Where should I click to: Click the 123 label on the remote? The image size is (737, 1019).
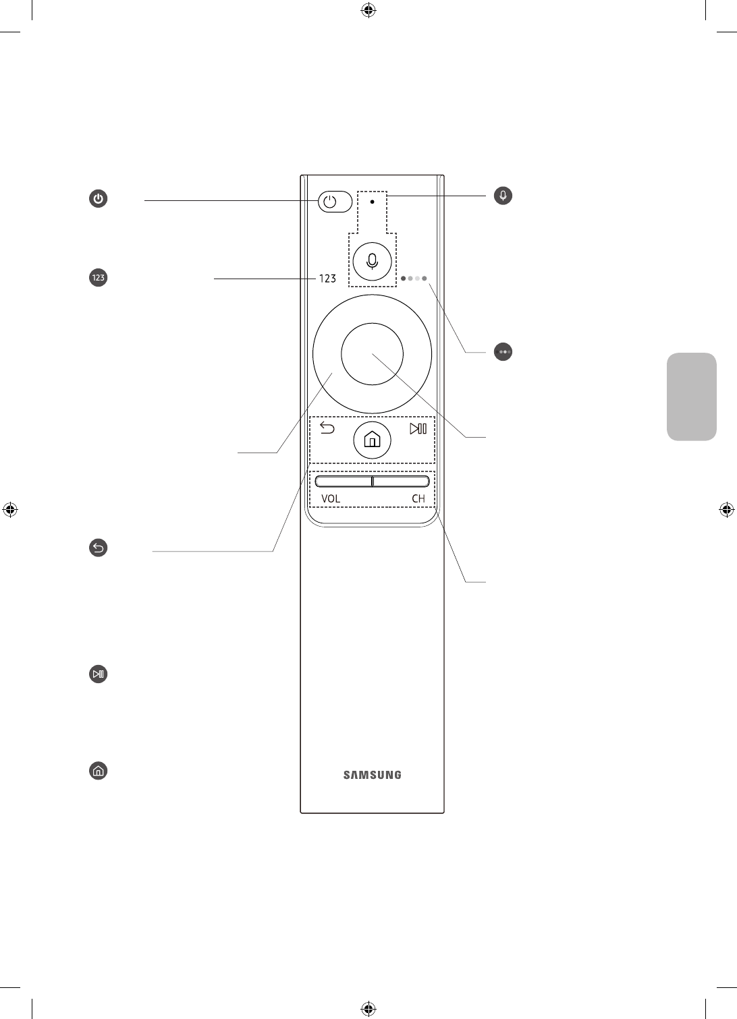point(327,278)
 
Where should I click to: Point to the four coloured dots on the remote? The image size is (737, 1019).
point(414,278)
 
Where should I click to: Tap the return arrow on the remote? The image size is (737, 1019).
point(327,428)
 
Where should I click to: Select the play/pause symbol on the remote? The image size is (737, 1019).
point(418,429)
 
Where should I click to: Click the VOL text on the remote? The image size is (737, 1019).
point(331,499)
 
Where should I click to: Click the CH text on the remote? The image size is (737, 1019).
point(418,499)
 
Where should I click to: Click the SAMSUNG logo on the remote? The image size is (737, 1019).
point(372,775)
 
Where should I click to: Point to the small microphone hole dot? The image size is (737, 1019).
point(372,201)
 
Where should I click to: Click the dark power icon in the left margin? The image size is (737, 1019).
point(99,199)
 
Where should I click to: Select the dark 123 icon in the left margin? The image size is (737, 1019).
point(99,277)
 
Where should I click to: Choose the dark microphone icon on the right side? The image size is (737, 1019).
point(503,196)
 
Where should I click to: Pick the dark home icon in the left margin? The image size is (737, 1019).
point(99,771)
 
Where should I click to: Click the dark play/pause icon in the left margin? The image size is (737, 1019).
point(99,674)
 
